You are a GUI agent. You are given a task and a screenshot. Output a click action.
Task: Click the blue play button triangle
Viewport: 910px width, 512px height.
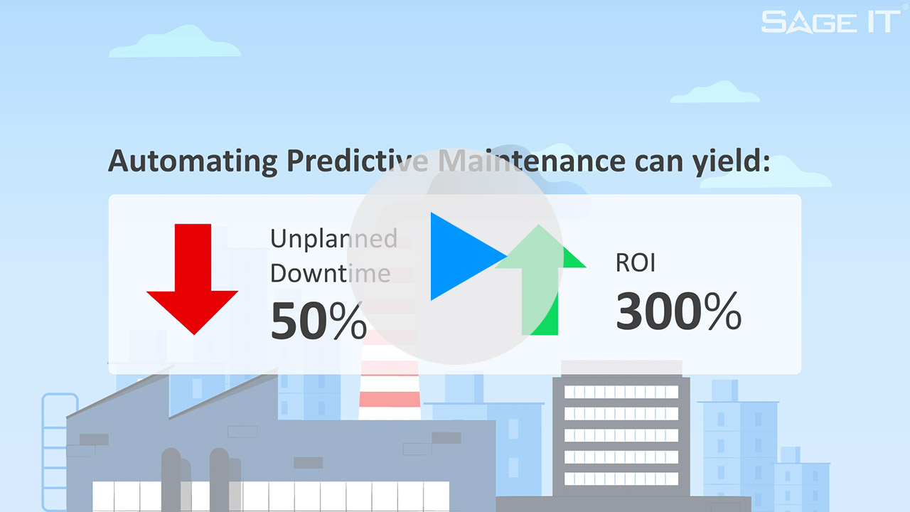click(x=462, y=257)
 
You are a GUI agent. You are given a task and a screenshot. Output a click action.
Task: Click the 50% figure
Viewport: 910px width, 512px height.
click(x=318, y=321)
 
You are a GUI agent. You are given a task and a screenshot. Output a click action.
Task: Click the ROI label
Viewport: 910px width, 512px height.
click(x=635, y=262)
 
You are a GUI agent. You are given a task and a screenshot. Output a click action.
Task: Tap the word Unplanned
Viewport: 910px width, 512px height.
click(x=333, y=238)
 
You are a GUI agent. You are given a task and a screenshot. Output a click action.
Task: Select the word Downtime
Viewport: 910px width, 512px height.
click(x=330, y=273)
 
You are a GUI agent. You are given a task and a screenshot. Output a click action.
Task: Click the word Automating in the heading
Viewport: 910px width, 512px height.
click(x=192, y=162)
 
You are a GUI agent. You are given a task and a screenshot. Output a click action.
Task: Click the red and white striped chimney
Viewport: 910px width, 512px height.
click(x=389, y=384)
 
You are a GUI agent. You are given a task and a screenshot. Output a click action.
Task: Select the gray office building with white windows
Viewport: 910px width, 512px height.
click(x=621, y=427)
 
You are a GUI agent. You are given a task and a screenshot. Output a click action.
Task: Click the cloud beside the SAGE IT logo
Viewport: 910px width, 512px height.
click(x=714, y=92)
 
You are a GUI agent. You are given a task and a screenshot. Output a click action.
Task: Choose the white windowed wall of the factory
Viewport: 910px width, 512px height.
click(x=270, y=496)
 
